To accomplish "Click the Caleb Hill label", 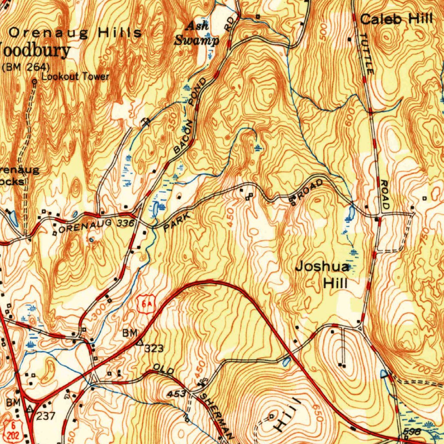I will [x=396, y=19].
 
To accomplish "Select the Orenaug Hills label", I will [x=75, y=33].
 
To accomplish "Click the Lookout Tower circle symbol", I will [x=34, y=81].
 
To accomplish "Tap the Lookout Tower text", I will [x=75, y=77].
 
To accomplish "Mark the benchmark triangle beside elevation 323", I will [x=140, y=343].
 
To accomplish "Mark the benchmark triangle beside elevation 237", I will [x=30, y=408].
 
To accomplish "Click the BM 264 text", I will [x=26, y=67].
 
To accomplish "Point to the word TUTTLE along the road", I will [x=366, y=53].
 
